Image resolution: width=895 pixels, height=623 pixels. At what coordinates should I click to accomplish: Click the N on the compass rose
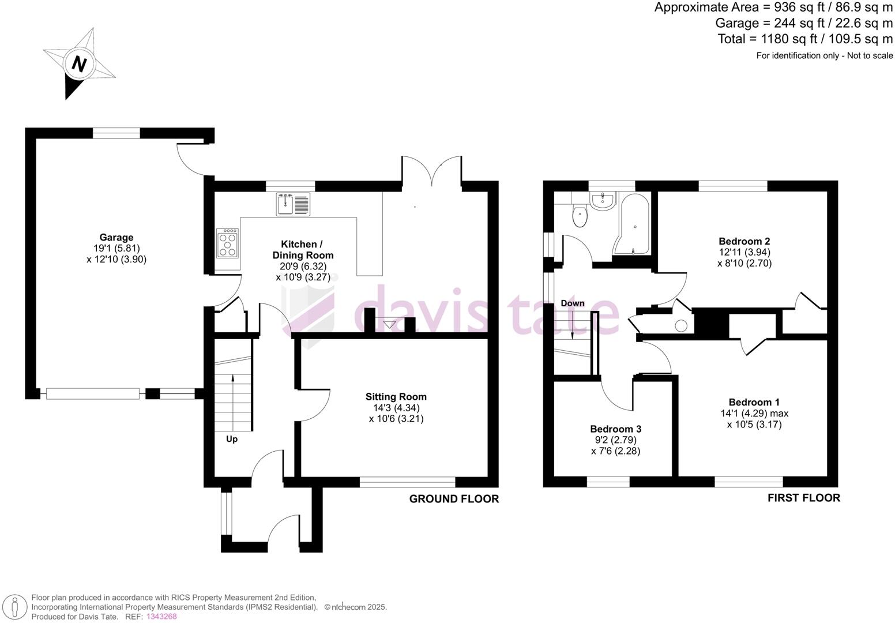pyautogui.click(x=79, y=63)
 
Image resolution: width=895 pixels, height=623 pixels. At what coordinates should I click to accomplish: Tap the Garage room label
pyautogui.click(x=116, y=237)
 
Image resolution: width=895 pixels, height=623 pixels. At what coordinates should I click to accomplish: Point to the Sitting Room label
pyautogui.click(x=396, y=396)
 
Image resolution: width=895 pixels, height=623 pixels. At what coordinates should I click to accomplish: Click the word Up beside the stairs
pyautogui.click(x=231, y=439)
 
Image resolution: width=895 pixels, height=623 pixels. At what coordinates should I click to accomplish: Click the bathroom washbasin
pyautogui.click(x=603, y=200)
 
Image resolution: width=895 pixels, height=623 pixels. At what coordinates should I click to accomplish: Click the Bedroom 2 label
pyautogui.click(x=744, y=241)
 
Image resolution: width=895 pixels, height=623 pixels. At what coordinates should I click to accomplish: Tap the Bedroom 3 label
pyautogui.click(x=615, y=429)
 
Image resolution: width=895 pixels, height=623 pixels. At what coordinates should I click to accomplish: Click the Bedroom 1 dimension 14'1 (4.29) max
pyautogui.click(x=754, y=413)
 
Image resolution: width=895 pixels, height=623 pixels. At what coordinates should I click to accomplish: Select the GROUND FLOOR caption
pyautogui.click(x=454, y=499)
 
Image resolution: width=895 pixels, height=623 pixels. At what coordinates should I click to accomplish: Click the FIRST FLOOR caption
pyautogui.click(x=803, y=498)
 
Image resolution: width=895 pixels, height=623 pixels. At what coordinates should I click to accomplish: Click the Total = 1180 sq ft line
pyautogui.click(x=804, y=39)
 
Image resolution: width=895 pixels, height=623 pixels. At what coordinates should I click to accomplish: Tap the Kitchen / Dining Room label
pyautogui.click(x=303, y=249)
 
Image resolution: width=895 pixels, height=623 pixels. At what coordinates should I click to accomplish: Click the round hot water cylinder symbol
pyautogui.click(x=681, y=326)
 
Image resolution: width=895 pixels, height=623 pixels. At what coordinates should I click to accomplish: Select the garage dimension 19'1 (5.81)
pyautogui.click(x=116, y=248)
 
